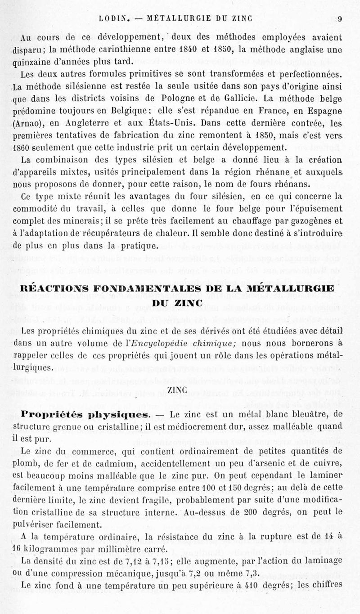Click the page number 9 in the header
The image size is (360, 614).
click(341, 19)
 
